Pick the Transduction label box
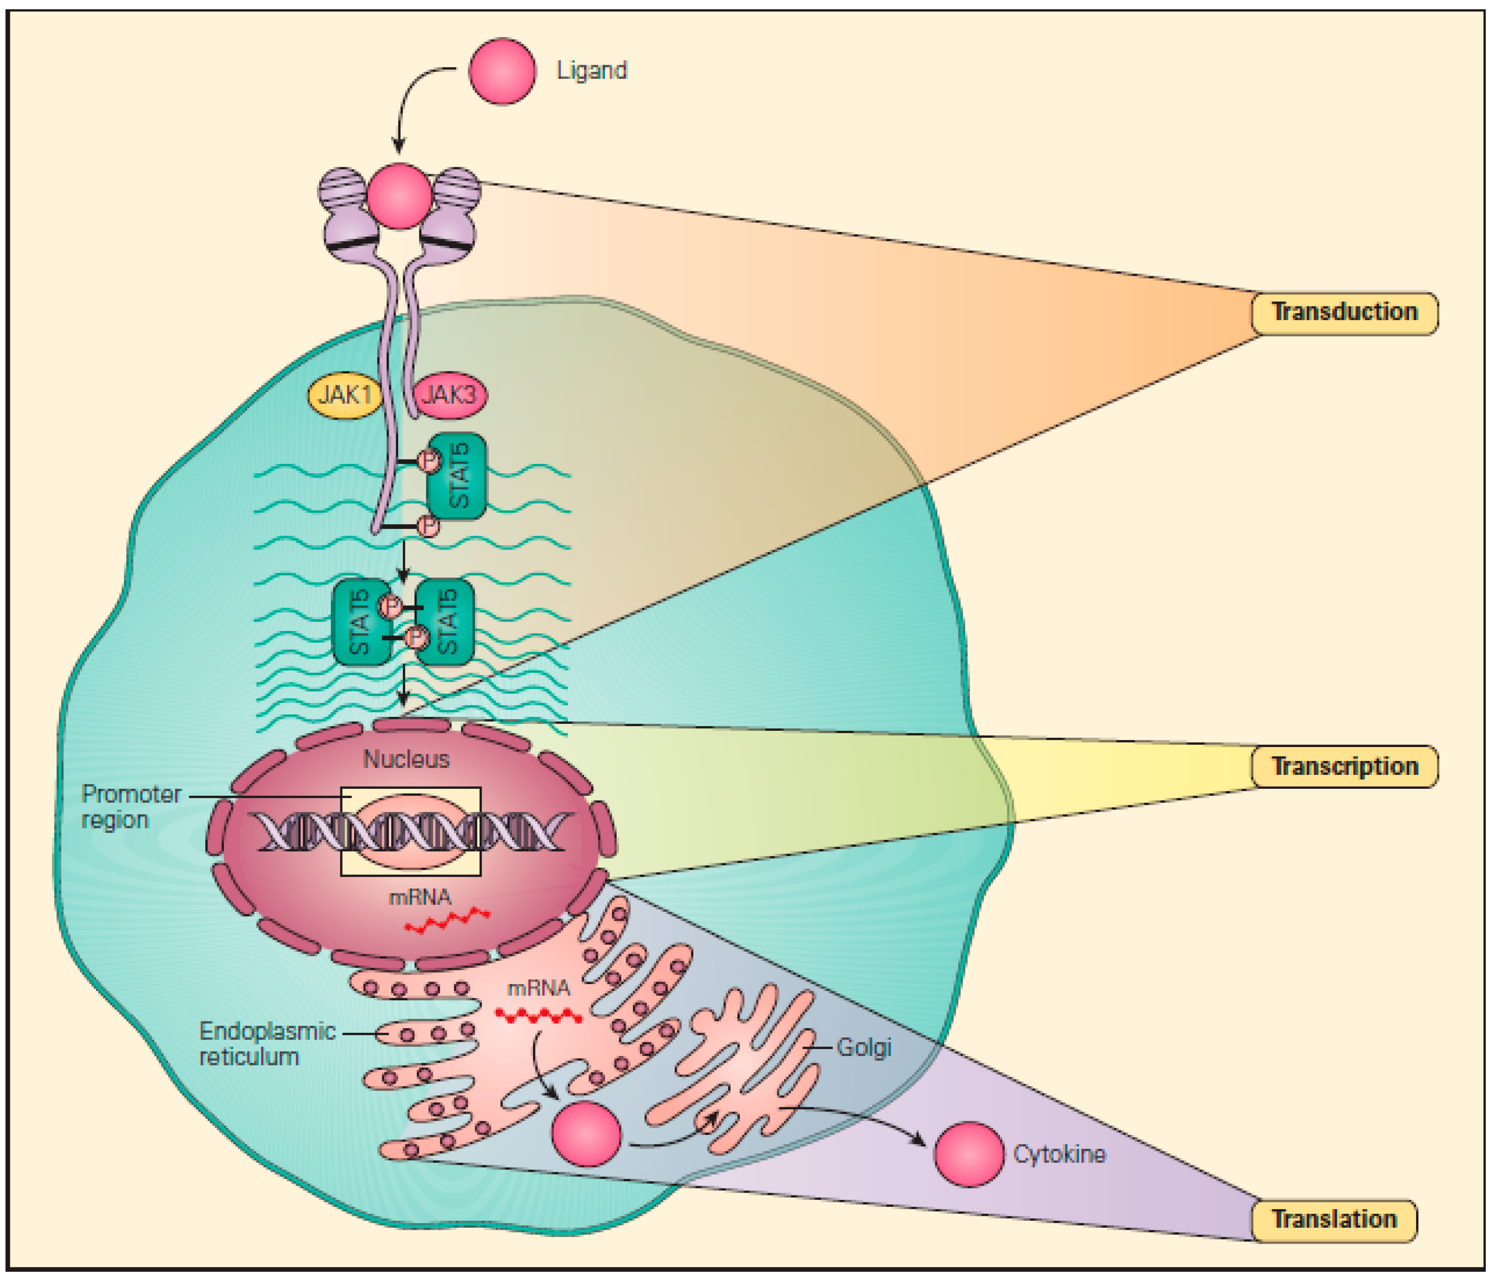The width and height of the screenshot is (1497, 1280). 1344,313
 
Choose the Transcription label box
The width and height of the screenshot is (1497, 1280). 1344,766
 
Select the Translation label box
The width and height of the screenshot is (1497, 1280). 1334,1220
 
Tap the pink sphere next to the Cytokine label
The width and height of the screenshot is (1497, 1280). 968,1154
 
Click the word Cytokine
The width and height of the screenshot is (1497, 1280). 1058,1154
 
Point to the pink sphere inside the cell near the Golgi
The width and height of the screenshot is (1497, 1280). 586,1134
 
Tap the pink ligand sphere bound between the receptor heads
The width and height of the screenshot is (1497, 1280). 399,197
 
